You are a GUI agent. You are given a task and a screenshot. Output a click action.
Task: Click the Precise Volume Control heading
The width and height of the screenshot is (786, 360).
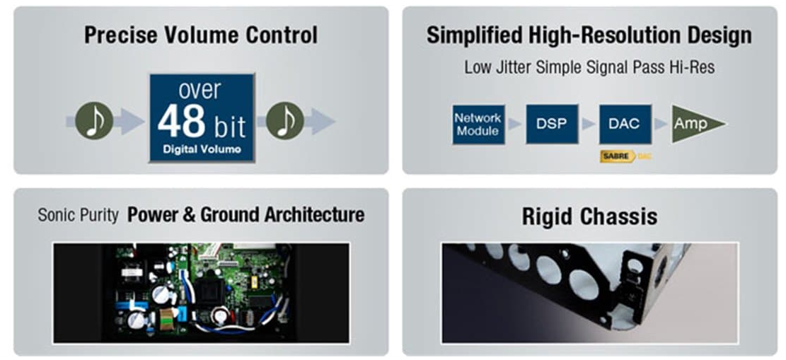[x=200, y=35]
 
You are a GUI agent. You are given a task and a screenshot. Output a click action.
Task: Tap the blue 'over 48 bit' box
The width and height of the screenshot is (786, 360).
[x=202, y=118]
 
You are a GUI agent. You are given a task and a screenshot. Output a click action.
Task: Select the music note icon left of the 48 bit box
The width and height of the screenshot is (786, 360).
[x=94, y=121]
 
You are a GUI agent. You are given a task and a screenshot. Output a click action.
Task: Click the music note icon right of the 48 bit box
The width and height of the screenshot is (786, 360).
[x=284, y=121]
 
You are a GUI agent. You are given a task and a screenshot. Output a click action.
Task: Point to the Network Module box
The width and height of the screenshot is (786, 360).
[x=478, y=124]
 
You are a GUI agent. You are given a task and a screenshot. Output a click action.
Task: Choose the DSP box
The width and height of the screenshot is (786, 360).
[x=552, y=124]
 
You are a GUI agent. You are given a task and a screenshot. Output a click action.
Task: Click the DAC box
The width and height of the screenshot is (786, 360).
[x=625, y=124]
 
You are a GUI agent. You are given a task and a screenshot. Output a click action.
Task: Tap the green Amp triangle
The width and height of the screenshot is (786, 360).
[x=694, y=124]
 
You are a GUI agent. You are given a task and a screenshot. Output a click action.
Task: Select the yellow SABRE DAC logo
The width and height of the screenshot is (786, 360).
[x=626, y=156]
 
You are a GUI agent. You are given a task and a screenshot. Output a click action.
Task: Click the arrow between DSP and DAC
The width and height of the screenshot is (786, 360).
[x=589, y=124]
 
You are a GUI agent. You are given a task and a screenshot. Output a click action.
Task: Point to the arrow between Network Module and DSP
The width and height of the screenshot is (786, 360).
[x=515, y=124]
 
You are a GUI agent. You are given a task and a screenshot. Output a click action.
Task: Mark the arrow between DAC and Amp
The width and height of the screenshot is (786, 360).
[x=661, y=124]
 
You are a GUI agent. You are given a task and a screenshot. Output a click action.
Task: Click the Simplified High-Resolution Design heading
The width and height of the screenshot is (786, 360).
[x=589, y=35]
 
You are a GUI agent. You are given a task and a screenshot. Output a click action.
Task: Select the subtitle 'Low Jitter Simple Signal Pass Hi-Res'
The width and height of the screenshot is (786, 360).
[x=589, y=67]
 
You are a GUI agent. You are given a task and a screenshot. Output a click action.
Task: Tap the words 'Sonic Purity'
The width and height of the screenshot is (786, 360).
[x=79, y=215]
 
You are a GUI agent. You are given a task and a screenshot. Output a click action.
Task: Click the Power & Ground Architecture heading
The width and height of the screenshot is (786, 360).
[x=245, y=214]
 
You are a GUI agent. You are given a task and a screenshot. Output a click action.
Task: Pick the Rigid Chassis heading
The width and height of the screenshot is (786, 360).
[x=589, y=216]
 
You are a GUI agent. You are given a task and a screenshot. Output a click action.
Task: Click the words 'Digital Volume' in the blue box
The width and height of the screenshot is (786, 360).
[x=202, y=149]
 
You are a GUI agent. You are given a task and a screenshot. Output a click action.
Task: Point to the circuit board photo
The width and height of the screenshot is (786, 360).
[x=201, y=293]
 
